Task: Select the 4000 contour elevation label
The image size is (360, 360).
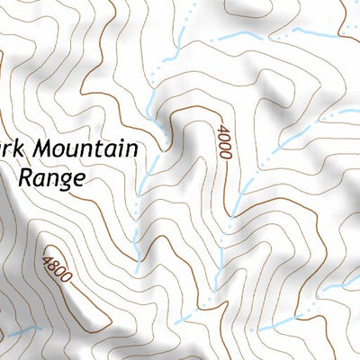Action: point(222,142)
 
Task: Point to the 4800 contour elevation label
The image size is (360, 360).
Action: point(56,270)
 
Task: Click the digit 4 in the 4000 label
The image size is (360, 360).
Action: point(220,130)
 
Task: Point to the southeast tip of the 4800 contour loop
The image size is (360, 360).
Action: point(90,326)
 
